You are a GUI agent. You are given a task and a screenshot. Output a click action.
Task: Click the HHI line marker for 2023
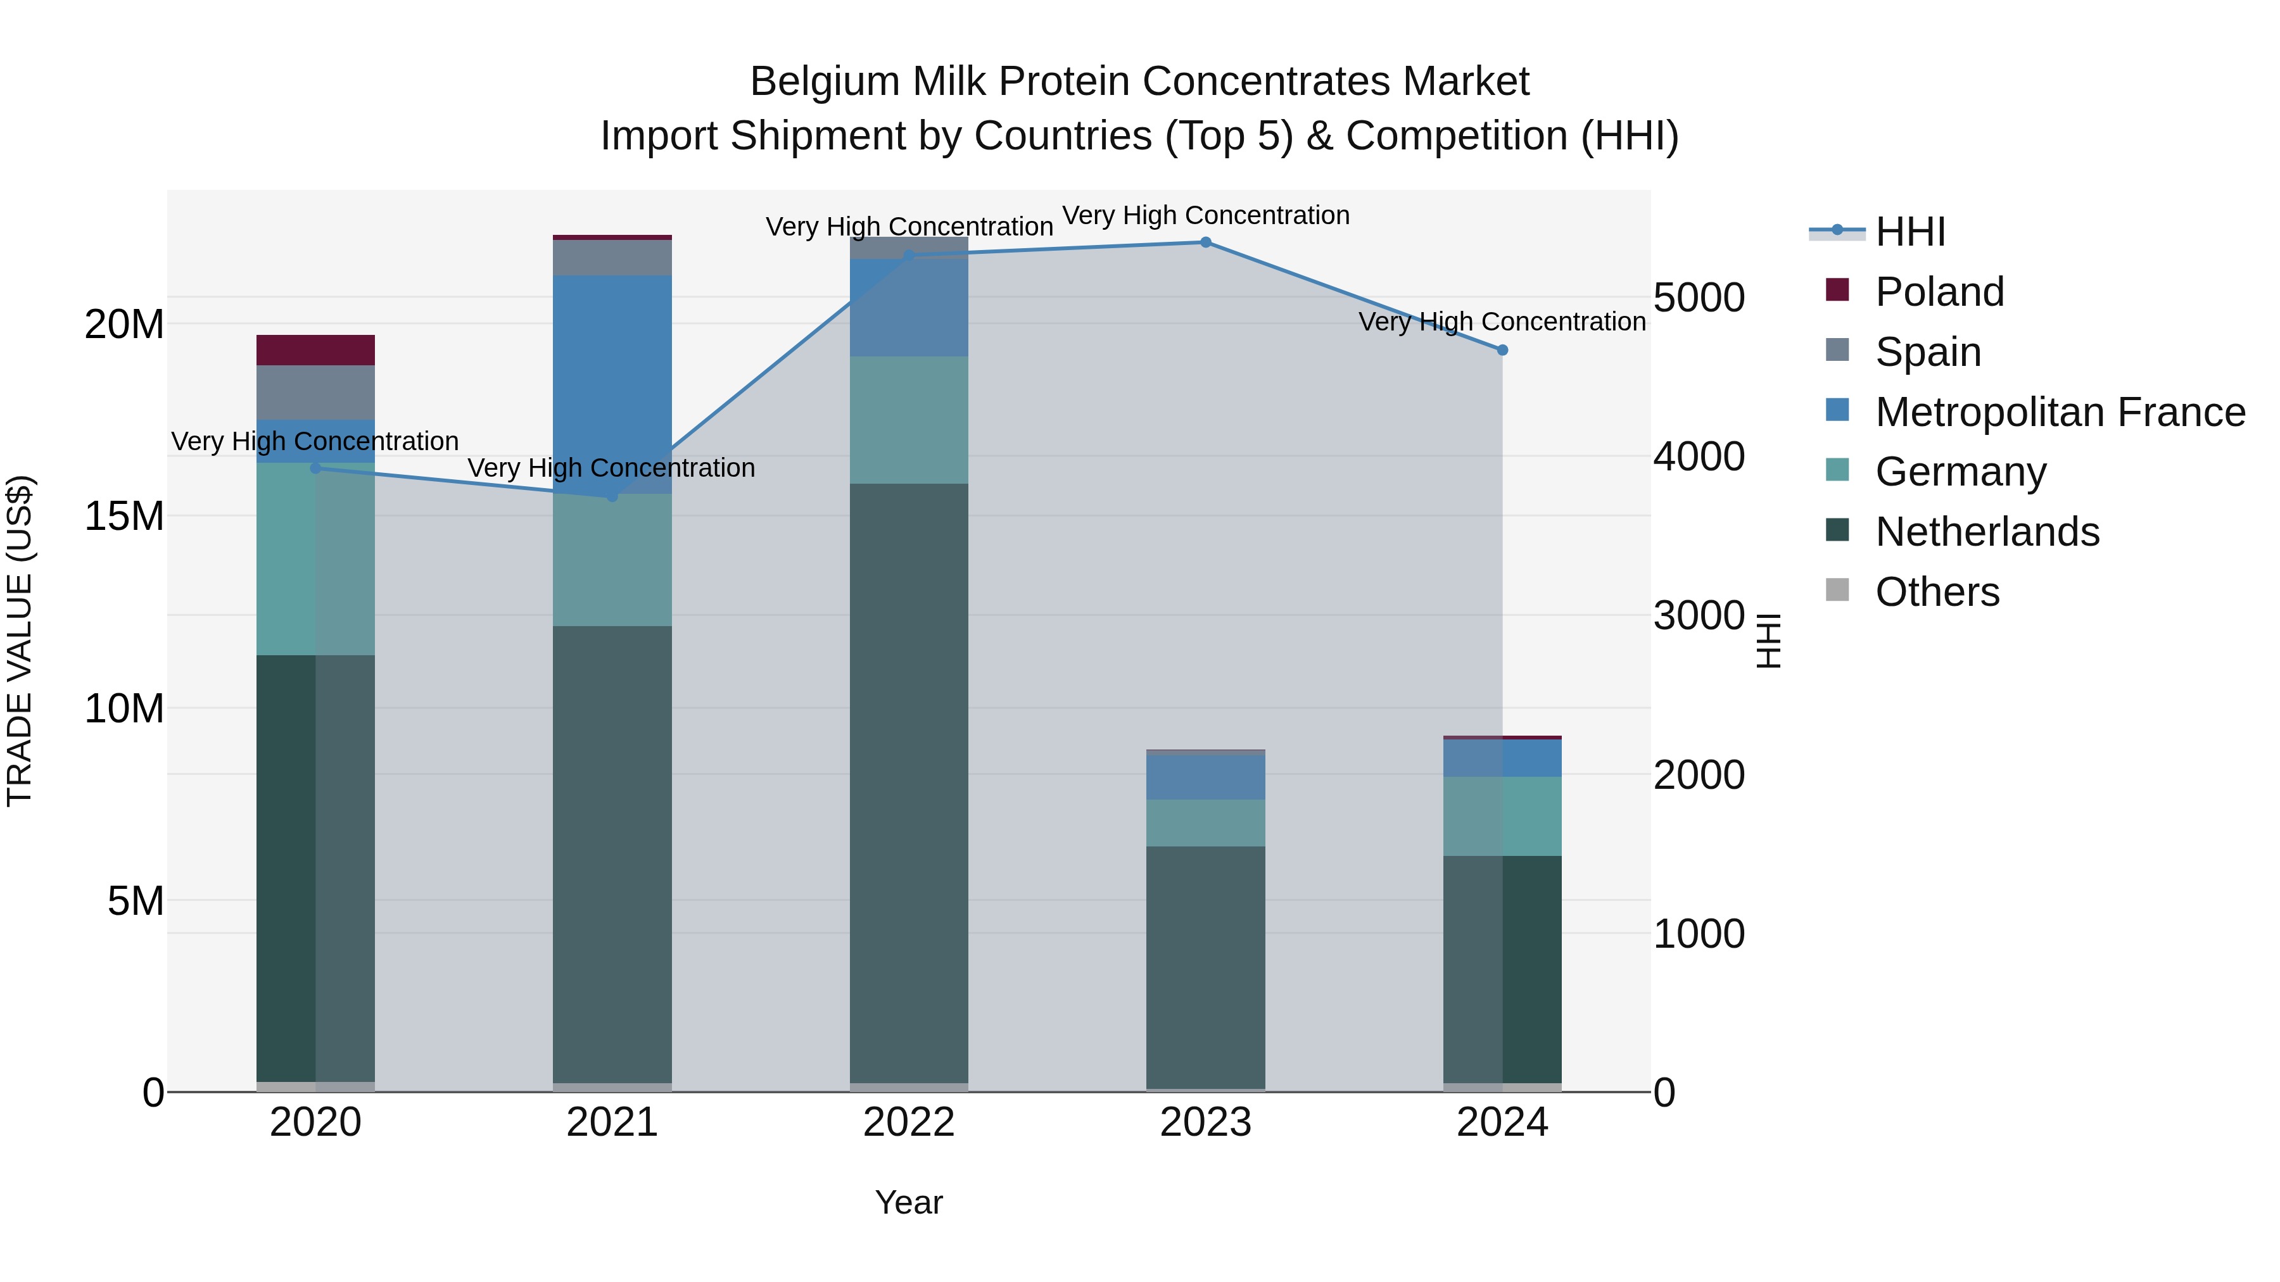pyautogui.click(x=1205, y=242)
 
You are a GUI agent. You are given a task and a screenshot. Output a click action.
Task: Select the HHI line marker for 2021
pyautogui.click(x=612, y=496)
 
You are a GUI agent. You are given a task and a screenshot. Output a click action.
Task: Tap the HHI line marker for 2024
pyautogui.click(x=1502, y=350)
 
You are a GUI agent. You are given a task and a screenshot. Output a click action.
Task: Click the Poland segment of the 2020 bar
pyautogui.click(x=315, y=350)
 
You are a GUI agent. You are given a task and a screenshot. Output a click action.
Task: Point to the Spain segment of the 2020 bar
pyautogui.click(x=315, y=392)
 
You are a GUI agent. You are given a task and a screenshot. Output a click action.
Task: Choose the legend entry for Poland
pyautogui.click(x=1939, y=292)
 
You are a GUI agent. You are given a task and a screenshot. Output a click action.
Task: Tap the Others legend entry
pyautogui.click(x=1937, y=592)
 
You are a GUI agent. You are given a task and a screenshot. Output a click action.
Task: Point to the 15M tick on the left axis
pyautogui.click(x=124, y=516)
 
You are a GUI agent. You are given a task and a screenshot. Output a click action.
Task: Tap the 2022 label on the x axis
pyautogui.click(x=908, y=1122)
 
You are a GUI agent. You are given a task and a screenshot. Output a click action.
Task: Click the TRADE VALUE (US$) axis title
pyautogui.click(x=20, y=641)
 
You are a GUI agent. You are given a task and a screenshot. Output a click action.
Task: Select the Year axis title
pyautogui.click(x=908, y=1202)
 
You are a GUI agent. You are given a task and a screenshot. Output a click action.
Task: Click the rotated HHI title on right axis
pyautogui.click(x=1768, y=641)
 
